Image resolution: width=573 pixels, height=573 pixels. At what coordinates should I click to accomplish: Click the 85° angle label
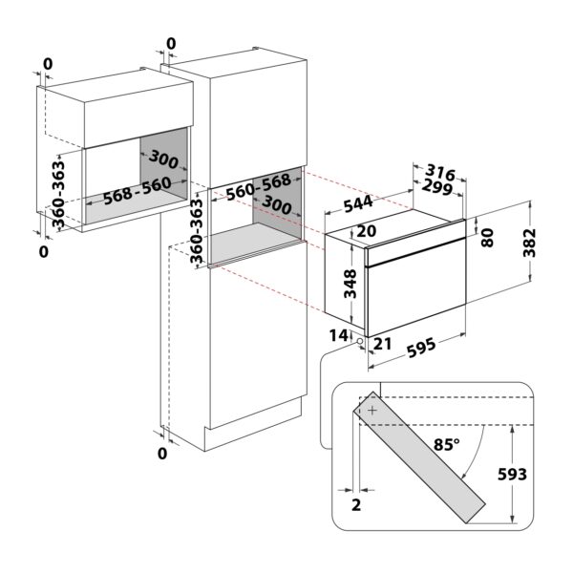click(446, 444)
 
